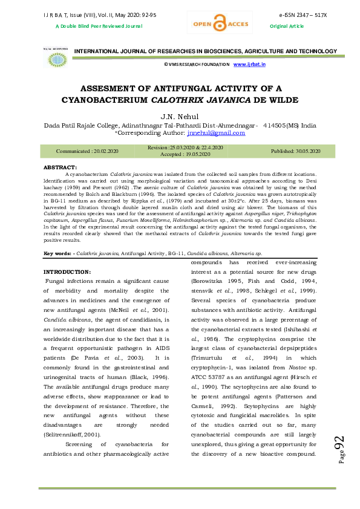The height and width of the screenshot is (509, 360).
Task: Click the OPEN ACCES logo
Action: pyautogui.click(x=212, y=24)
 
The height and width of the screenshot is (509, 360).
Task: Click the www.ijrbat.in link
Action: pyautogui.click(x=249, y=63)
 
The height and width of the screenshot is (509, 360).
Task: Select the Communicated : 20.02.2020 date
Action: pyautogui.click(x=87, y=151)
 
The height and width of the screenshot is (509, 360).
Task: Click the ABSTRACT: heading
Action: pyautogui.click(x=61, y=166)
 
